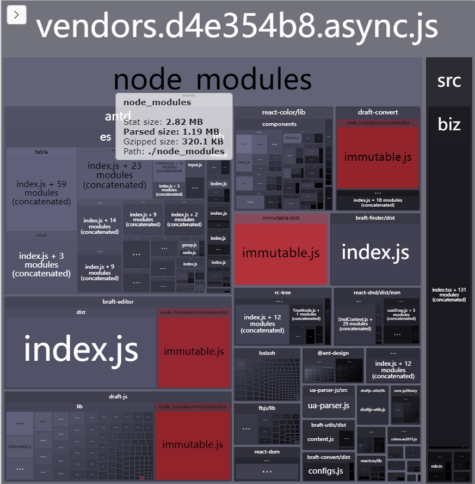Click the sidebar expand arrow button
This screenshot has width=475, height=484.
click(x=16, y=15)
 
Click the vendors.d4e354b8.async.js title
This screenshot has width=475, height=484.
click(x=237, y=26)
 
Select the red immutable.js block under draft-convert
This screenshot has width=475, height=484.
click(x=378, y=158)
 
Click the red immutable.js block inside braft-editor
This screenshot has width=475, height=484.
click(x=194, y=352)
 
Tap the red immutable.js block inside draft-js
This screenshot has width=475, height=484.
click(x=193, y=445)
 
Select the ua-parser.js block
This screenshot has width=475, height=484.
click(x=329, y=406)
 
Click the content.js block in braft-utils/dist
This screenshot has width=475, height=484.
click(x=320, y=439)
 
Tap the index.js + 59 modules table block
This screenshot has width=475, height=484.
click(x=41, y=192)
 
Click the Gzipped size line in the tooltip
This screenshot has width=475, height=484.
click(x=173, y=141)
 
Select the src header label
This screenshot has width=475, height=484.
click(x=449, y=81)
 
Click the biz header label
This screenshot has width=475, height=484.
click(x=449, y=124)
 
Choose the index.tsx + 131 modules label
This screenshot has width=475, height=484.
click(x=449, y=295)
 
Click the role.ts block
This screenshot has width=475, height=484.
click(x=436, y=466)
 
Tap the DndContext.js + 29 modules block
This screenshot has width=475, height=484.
click(x=355, y=324)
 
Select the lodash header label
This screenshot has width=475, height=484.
click(x=267, y=353)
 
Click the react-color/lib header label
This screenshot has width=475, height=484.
click(x=283, y=112)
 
